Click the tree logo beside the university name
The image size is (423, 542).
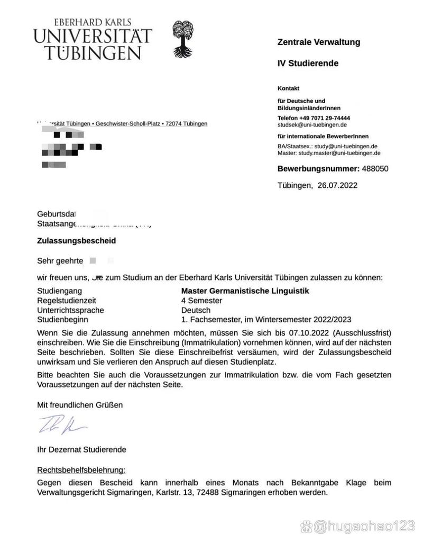click(184, 39)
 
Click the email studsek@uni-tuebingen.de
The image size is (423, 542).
click(312, 125)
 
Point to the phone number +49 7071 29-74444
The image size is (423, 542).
click(326, 118)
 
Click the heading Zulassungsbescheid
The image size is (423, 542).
click(76, 240)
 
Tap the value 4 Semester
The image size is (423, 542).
click(201, 301)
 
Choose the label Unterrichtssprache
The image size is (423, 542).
click(70, 310)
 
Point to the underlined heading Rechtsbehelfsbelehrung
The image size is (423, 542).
click(81, 470)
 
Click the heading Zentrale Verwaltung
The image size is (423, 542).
click(319, 42)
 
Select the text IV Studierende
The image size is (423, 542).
click(308, 64)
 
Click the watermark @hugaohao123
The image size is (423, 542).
click(364, 527)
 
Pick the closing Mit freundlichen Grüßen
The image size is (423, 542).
click(79, 405)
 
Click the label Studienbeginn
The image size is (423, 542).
click(63, 320)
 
